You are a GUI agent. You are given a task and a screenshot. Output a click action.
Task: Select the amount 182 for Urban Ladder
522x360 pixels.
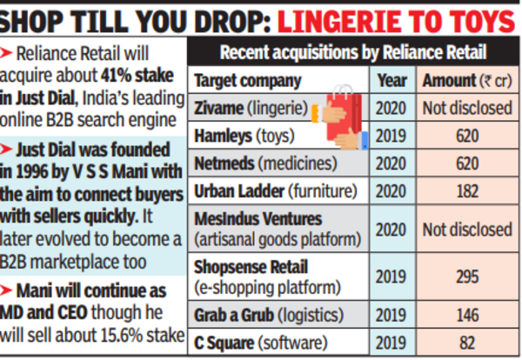tap(468, 190)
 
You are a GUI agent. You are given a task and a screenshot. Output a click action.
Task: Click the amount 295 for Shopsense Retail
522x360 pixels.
tap(468, 276)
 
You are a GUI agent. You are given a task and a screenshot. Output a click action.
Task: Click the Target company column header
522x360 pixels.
tap(248, 83)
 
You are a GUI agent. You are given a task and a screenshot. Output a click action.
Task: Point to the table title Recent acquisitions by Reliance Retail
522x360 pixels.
tap(352, 54)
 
